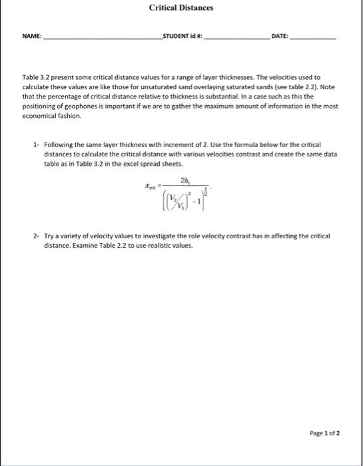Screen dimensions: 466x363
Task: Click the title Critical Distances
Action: pyautogui.click(x=181, y=7)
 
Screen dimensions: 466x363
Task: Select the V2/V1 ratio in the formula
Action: pyautogui.click(x=173, y=197)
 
